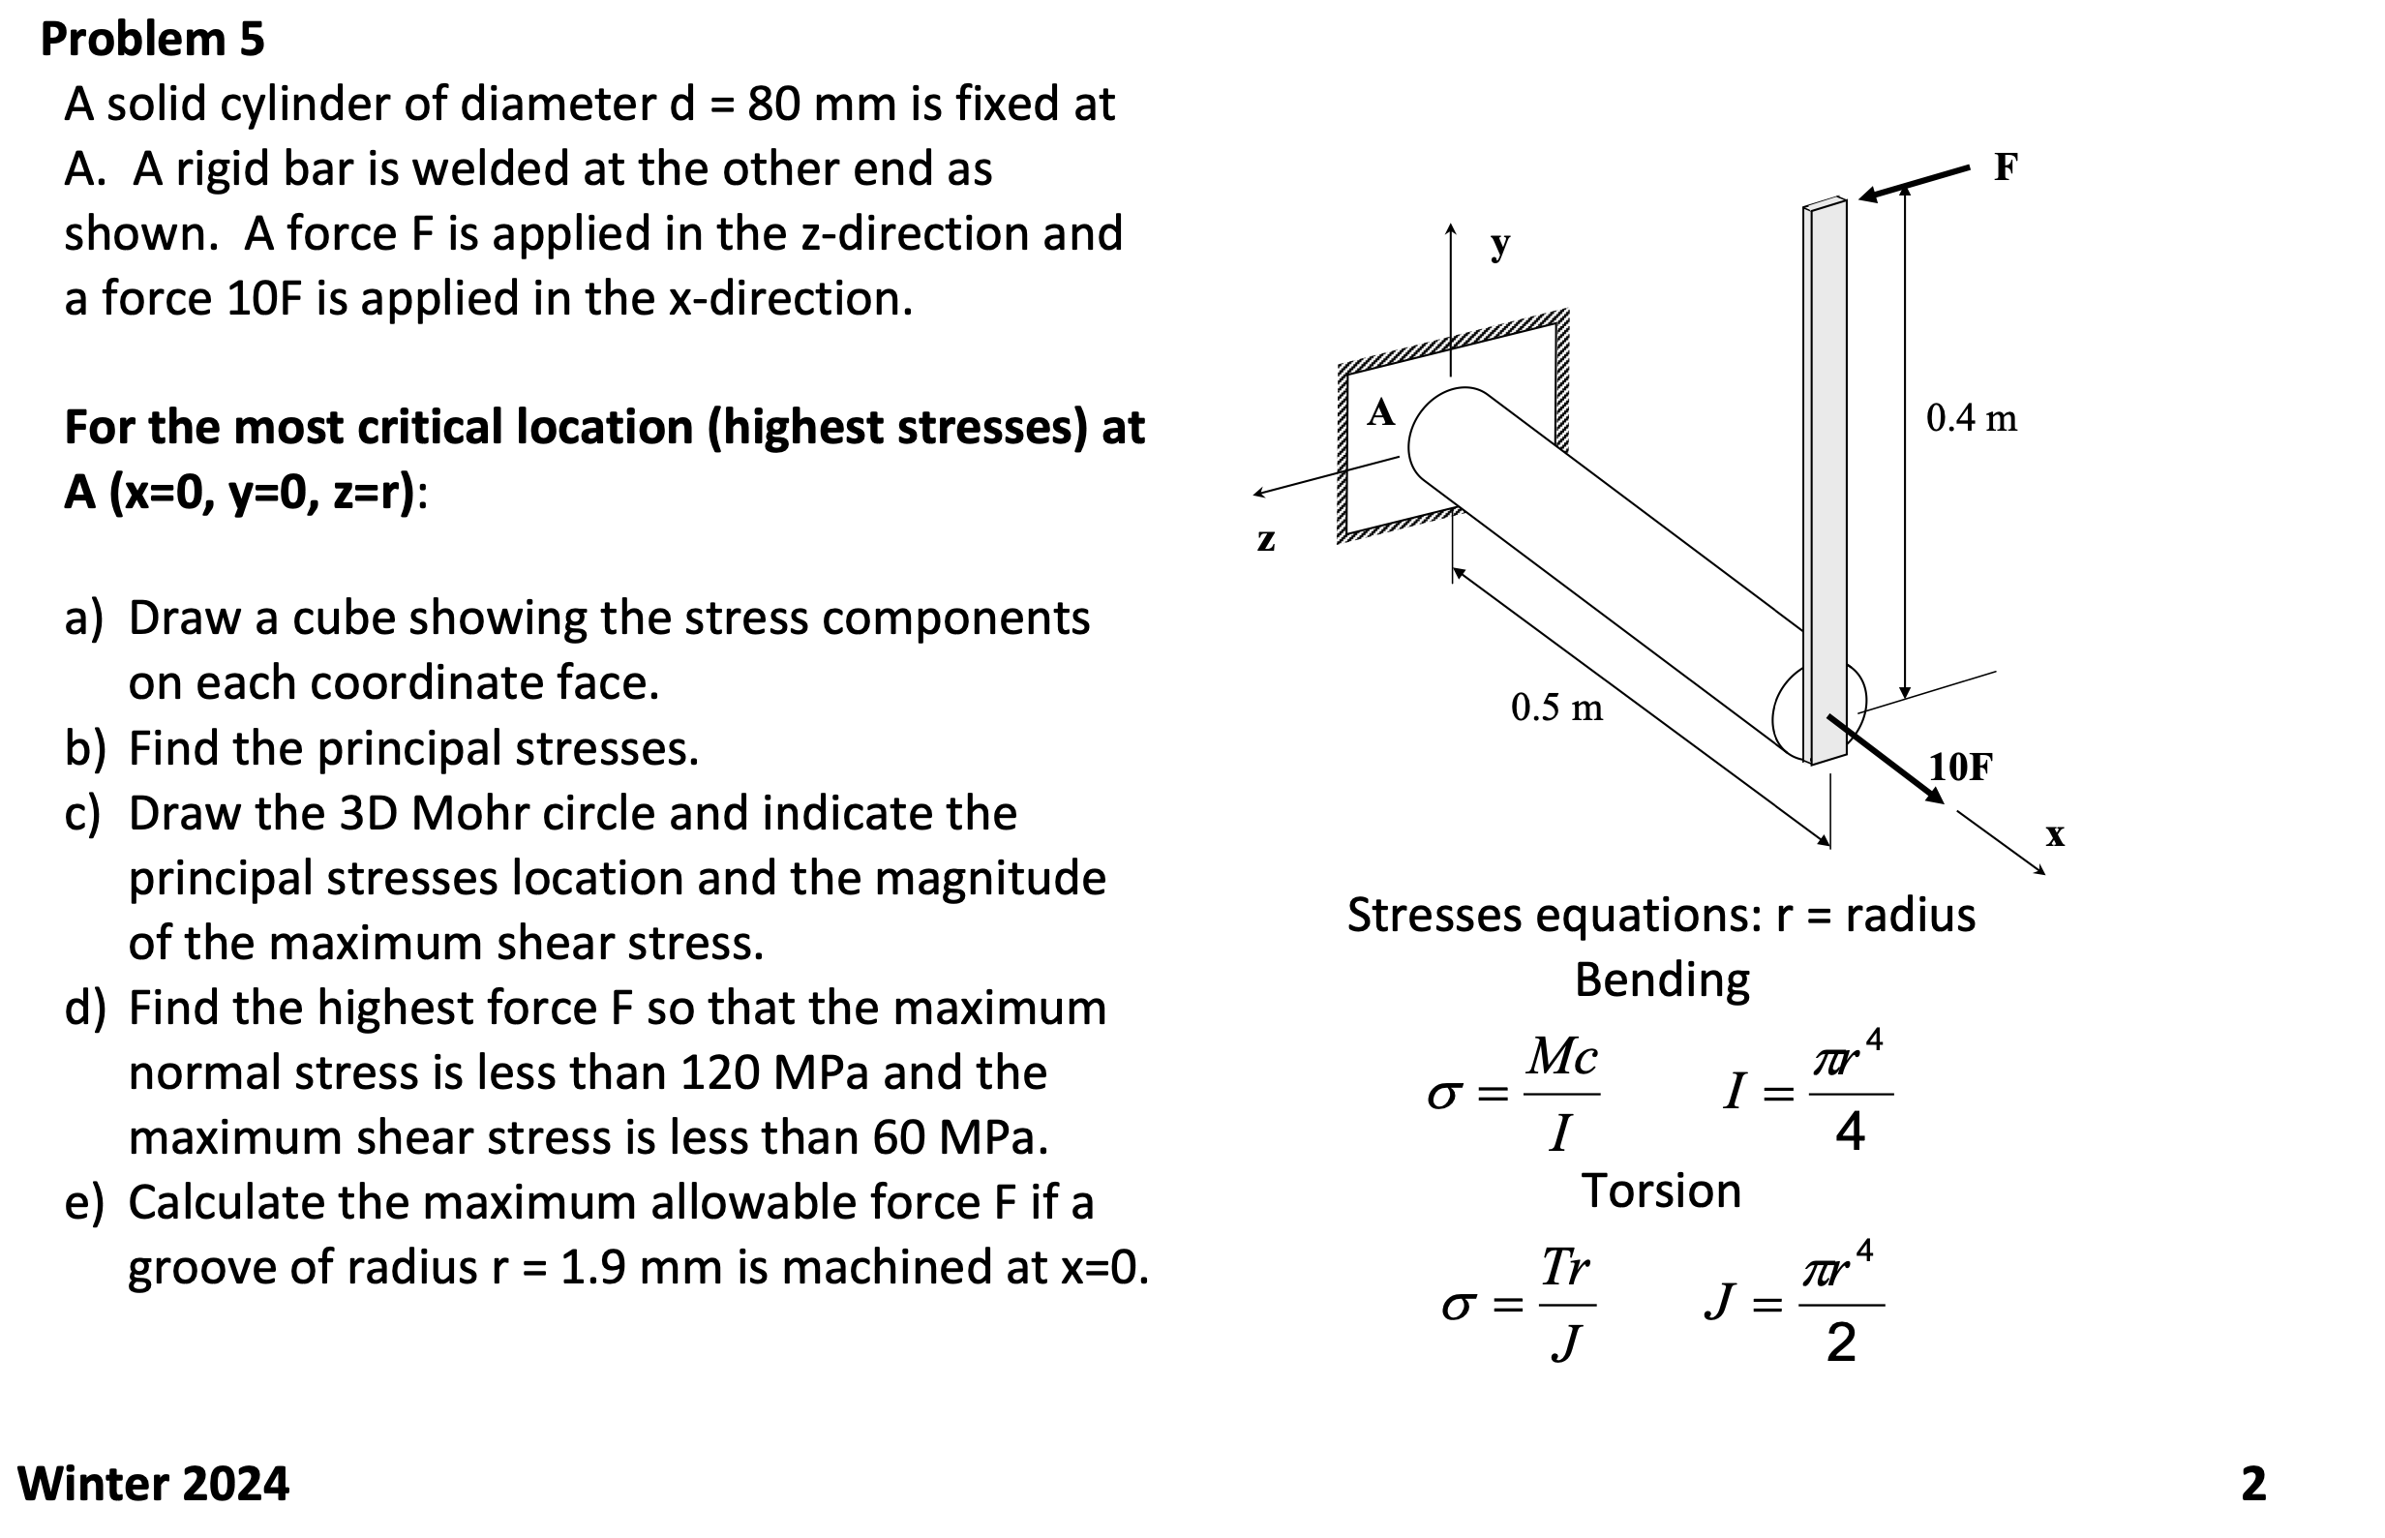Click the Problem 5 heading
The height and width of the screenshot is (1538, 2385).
152,40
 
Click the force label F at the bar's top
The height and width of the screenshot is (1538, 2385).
2005,166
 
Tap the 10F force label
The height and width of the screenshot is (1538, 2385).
1959,767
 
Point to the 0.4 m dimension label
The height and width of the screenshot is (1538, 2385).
1971,417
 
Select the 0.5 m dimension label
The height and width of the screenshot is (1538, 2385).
1556,708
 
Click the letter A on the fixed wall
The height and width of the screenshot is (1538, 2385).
1380,411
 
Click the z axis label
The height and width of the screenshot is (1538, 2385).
1265,539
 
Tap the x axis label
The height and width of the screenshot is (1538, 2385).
2054,834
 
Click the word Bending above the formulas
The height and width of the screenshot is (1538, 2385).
1662,979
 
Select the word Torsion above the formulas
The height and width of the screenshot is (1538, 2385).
1661,1191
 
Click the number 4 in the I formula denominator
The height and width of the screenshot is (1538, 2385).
1850,1132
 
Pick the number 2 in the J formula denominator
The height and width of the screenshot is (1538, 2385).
1841,1342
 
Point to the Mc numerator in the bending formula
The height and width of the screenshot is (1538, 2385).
1563,1057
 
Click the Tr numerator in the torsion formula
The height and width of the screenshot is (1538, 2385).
1565,1267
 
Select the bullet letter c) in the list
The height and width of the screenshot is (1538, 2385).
84,813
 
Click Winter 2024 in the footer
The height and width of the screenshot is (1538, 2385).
153,1483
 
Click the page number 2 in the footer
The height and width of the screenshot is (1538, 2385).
2253,1484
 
